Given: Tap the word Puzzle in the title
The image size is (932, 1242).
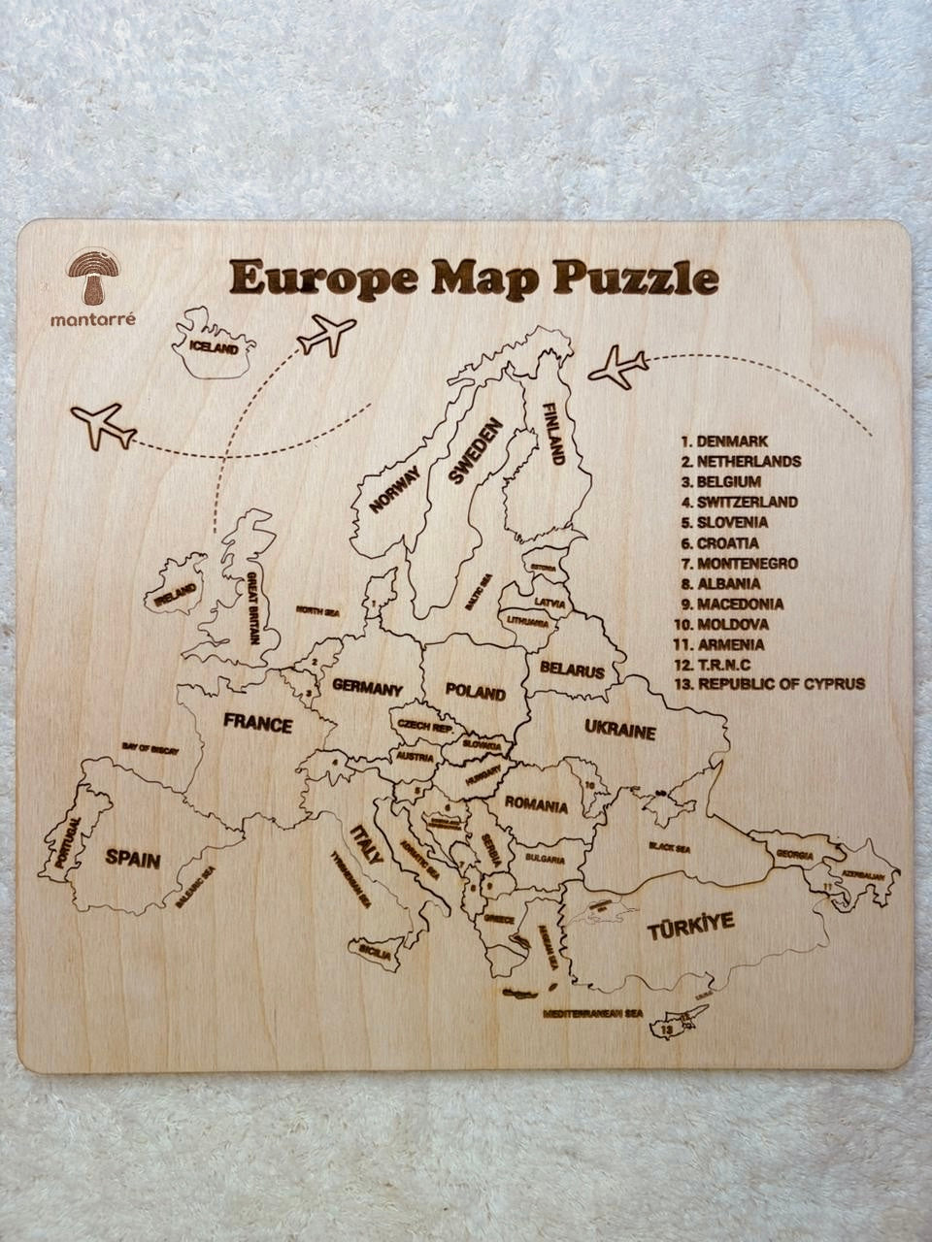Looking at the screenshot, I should click(x=636, y=278).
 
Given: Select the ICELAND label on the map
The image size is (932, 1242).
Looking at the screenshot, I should click(x=213, y=346).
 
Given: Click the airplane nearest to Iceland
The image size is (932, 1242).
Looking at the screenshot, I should click(x=326, y=335).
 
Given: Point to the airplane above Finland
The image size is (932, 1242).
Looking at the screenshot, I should click(x=617, y=367).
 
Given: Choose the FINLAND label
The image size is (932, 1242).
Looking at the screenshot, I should click(x=553, y=433).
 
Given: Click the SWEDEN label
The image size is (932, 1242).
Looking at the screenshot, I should click(x=475, y=451).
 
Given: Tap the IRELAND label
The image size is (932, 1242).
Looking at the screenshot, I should click(x=176, y=595).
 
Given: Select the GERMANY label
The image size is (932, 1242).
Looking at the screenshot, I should click(x=367, y=689).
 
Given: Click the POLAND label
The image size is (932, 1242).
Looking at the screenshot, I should click(x=475, y=692).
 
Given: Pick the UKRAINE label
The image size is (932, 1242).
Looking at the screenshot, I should click(x=620, y=730).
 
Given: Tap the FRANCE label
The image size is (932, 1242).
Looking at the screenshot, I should click(x=257, y=724).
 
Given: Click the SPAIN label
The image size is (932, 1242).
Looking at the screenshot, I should click(x=133, y=858).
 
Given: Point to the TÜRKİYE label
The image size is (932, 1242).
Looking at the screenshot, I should click(x=690, y=927).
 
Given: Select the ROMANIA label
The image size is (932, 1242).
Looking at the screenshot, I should click(x=535, y=805).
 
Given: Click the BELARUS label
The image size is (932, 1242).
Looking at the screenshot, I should click(x=572, y=670).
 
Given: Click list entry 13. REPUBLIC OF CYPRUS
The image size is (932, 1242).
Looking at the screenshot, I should click(x=769, y=683).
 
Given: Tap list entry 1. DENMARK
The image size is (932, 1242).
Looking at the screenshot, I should click(x=724, y=441).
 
